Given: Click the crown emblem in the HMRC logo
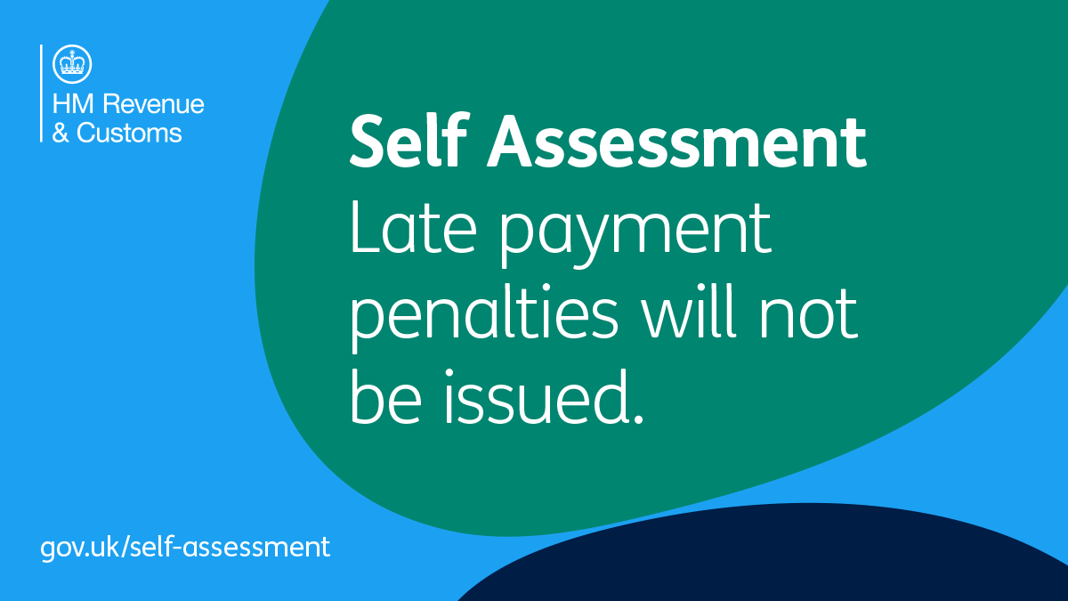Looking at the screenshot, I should pos(71,62).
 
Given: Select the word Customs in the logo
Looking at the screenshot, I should pos(130,134).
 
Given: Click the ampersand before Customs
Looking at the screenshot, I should pos(61,134).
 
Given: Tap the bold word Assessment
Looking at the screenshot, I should pos(678,142).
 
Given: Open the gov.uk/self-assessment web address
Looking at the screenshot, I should pos(185,546).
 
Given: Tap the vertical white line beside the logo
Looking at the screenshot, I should pos(41,93).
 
